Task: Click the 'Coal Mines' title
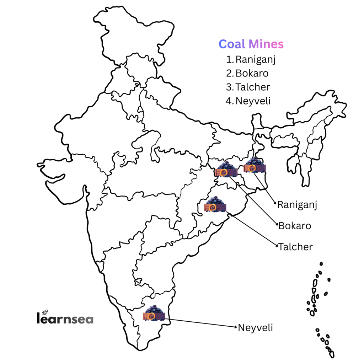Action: pos(251,44)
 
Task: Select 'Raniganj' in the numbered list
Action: pos(256,59)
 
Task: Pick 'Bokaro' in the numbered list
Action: pos(252,73)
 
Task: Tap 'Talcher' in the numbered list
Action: pos(253,87)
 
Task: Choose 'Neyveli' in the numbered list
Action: pos(253,101)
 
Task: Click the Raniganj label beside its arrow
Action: pos(297,205)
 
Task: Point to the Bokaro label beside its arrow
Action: pos(295,226)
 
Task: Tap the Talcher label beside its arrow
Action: pos(295,246)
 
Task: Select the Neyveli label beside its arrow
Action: pos(256,327)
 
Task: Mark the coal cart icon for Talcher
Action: pos(215,205)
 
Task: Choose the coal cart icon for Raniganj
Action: pos(255,165)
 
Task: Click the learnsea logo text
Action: pos(65,318)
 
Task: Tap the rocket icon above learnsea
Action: pos(45,312)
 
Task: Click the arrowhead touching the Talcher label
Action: pos(276,246)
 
